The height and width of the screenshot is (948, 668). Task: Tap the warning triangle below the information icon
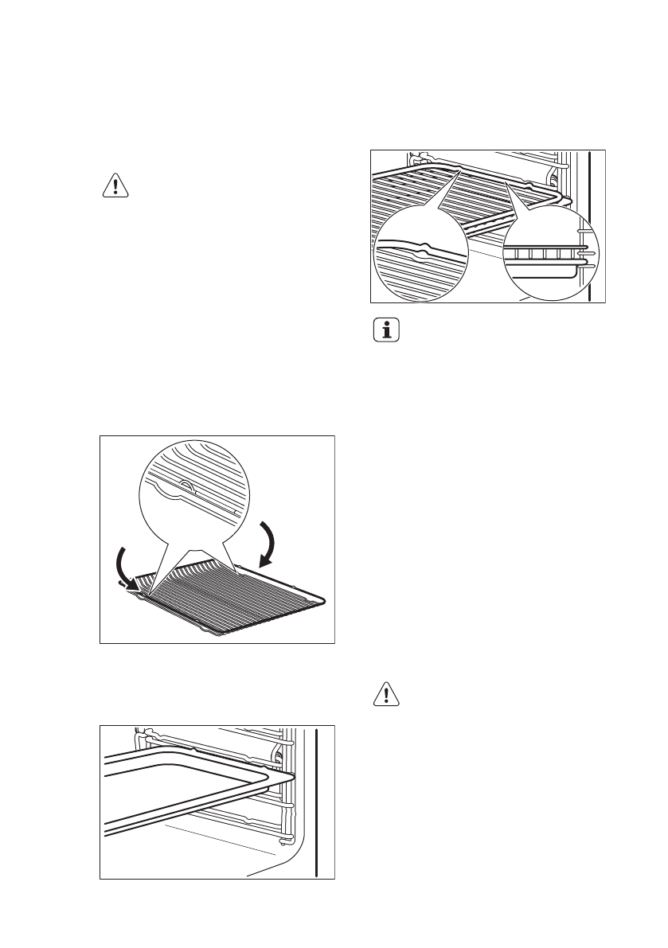point(386,696)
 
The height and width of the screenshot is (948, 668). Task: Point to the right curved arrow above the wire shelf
point(271,543)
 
